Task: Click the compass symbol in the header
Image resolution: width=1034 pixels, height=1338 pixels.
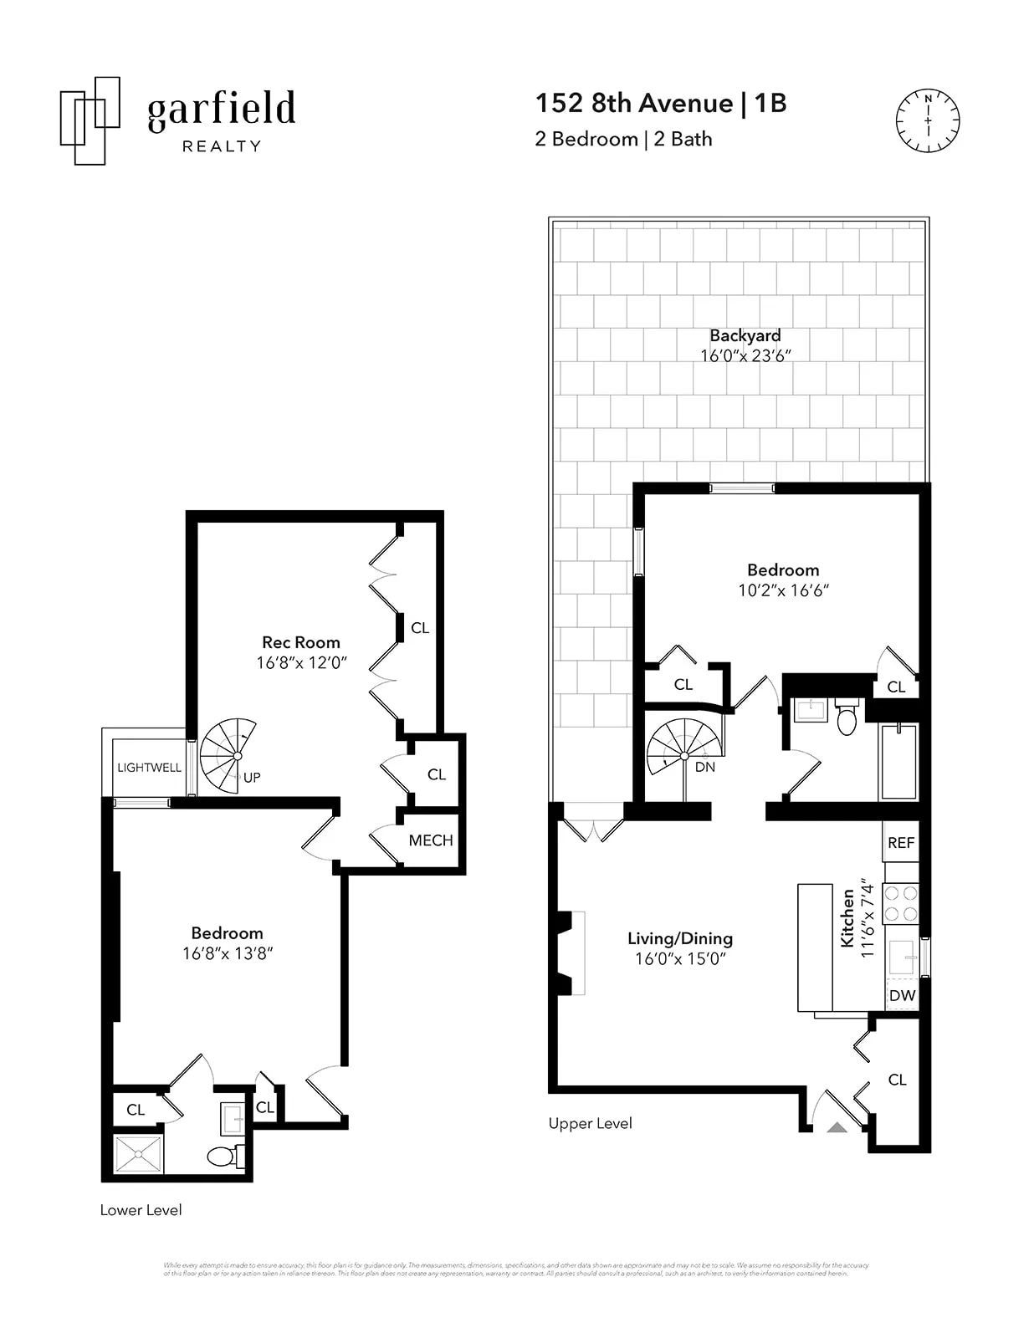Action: pos(928,120)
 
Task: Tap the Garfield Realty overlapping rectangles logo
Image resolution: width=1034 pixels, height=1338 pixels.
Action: pos(90,120)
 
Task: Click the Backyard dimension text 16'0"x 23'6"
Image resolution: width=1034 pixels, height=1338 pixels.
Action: pos(745,355)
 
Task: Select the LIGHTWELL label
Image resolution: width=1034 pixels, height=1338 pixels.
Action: pos(149,767)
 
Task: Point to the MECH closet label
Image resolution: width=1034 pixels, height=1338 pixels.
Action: pos(431,840)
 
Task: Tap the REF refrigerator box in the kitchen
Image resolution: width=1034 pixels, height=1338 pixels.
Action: pos(901,843)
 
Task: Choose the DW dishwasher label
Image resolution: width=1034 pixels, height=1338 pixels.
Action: pos(902,995)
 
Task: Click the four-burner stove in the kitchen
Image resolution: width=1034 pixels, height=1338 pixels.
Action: pos(901,903)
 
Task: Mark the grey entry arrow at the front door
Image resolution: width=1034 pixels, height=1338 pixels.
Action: pos(837,1127)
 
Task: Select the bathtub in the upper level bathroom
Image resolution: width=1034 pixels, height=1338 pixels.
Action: pos(898,761)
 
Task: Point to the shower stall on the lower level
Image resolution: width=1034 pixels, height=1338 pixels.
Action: pos(138,1154)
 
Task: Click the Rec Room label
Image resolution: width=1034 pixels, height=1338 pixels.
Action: pos(301,642)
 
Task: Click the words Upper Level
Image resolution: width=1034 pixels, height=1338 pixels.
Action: pos(590,1123)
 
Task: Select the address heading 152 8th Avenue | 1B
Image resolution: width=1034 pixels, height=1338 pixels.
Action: pos(661,103)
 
